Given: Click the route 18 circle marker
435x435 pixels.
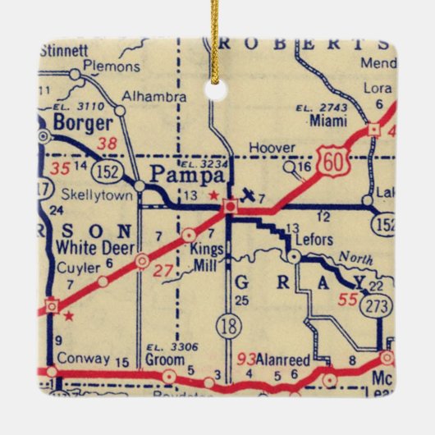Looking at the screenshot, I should pos(227,327).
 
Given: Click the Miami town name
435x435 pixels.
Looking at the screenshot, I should pos(327,120).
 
